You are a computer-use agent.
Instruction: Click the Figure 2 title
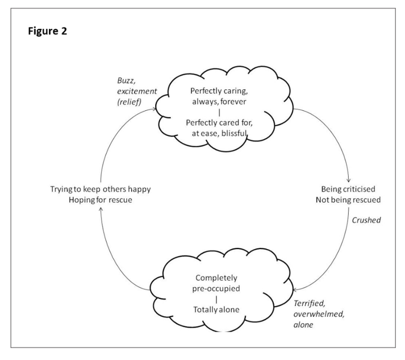click(48, 31)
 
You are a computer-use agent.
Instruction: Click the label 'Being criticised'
click(348, 189)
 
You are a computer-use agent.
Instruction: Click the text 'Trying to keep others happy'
click(101, 189)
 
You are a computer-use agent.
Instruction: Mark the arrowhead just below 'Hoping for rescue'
click(101, 209)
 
